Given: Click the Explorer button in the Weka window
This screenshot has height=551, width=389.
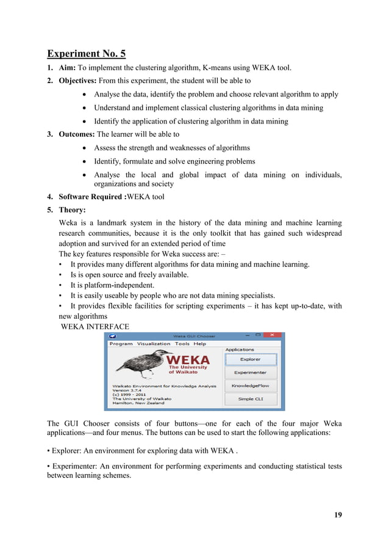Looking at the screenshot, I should pos(250,359).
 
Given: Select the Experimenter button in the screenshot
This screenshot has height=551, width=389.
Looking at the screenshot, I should pos(250,373).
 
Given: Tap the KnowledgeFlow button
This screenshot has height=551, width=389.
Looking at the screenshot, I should pos(250,386).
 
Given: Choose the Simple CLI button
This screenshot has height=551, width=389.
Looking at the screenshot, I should pos(250,399).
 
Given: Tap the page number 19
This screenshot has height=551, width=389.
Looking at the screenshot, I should pos(338,514).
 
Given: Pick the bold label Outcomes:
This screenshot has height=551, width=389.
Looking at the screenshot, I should pos(77,134).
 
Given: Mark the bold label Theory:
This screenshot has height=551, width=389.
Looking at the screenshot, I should pos(72,211).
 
